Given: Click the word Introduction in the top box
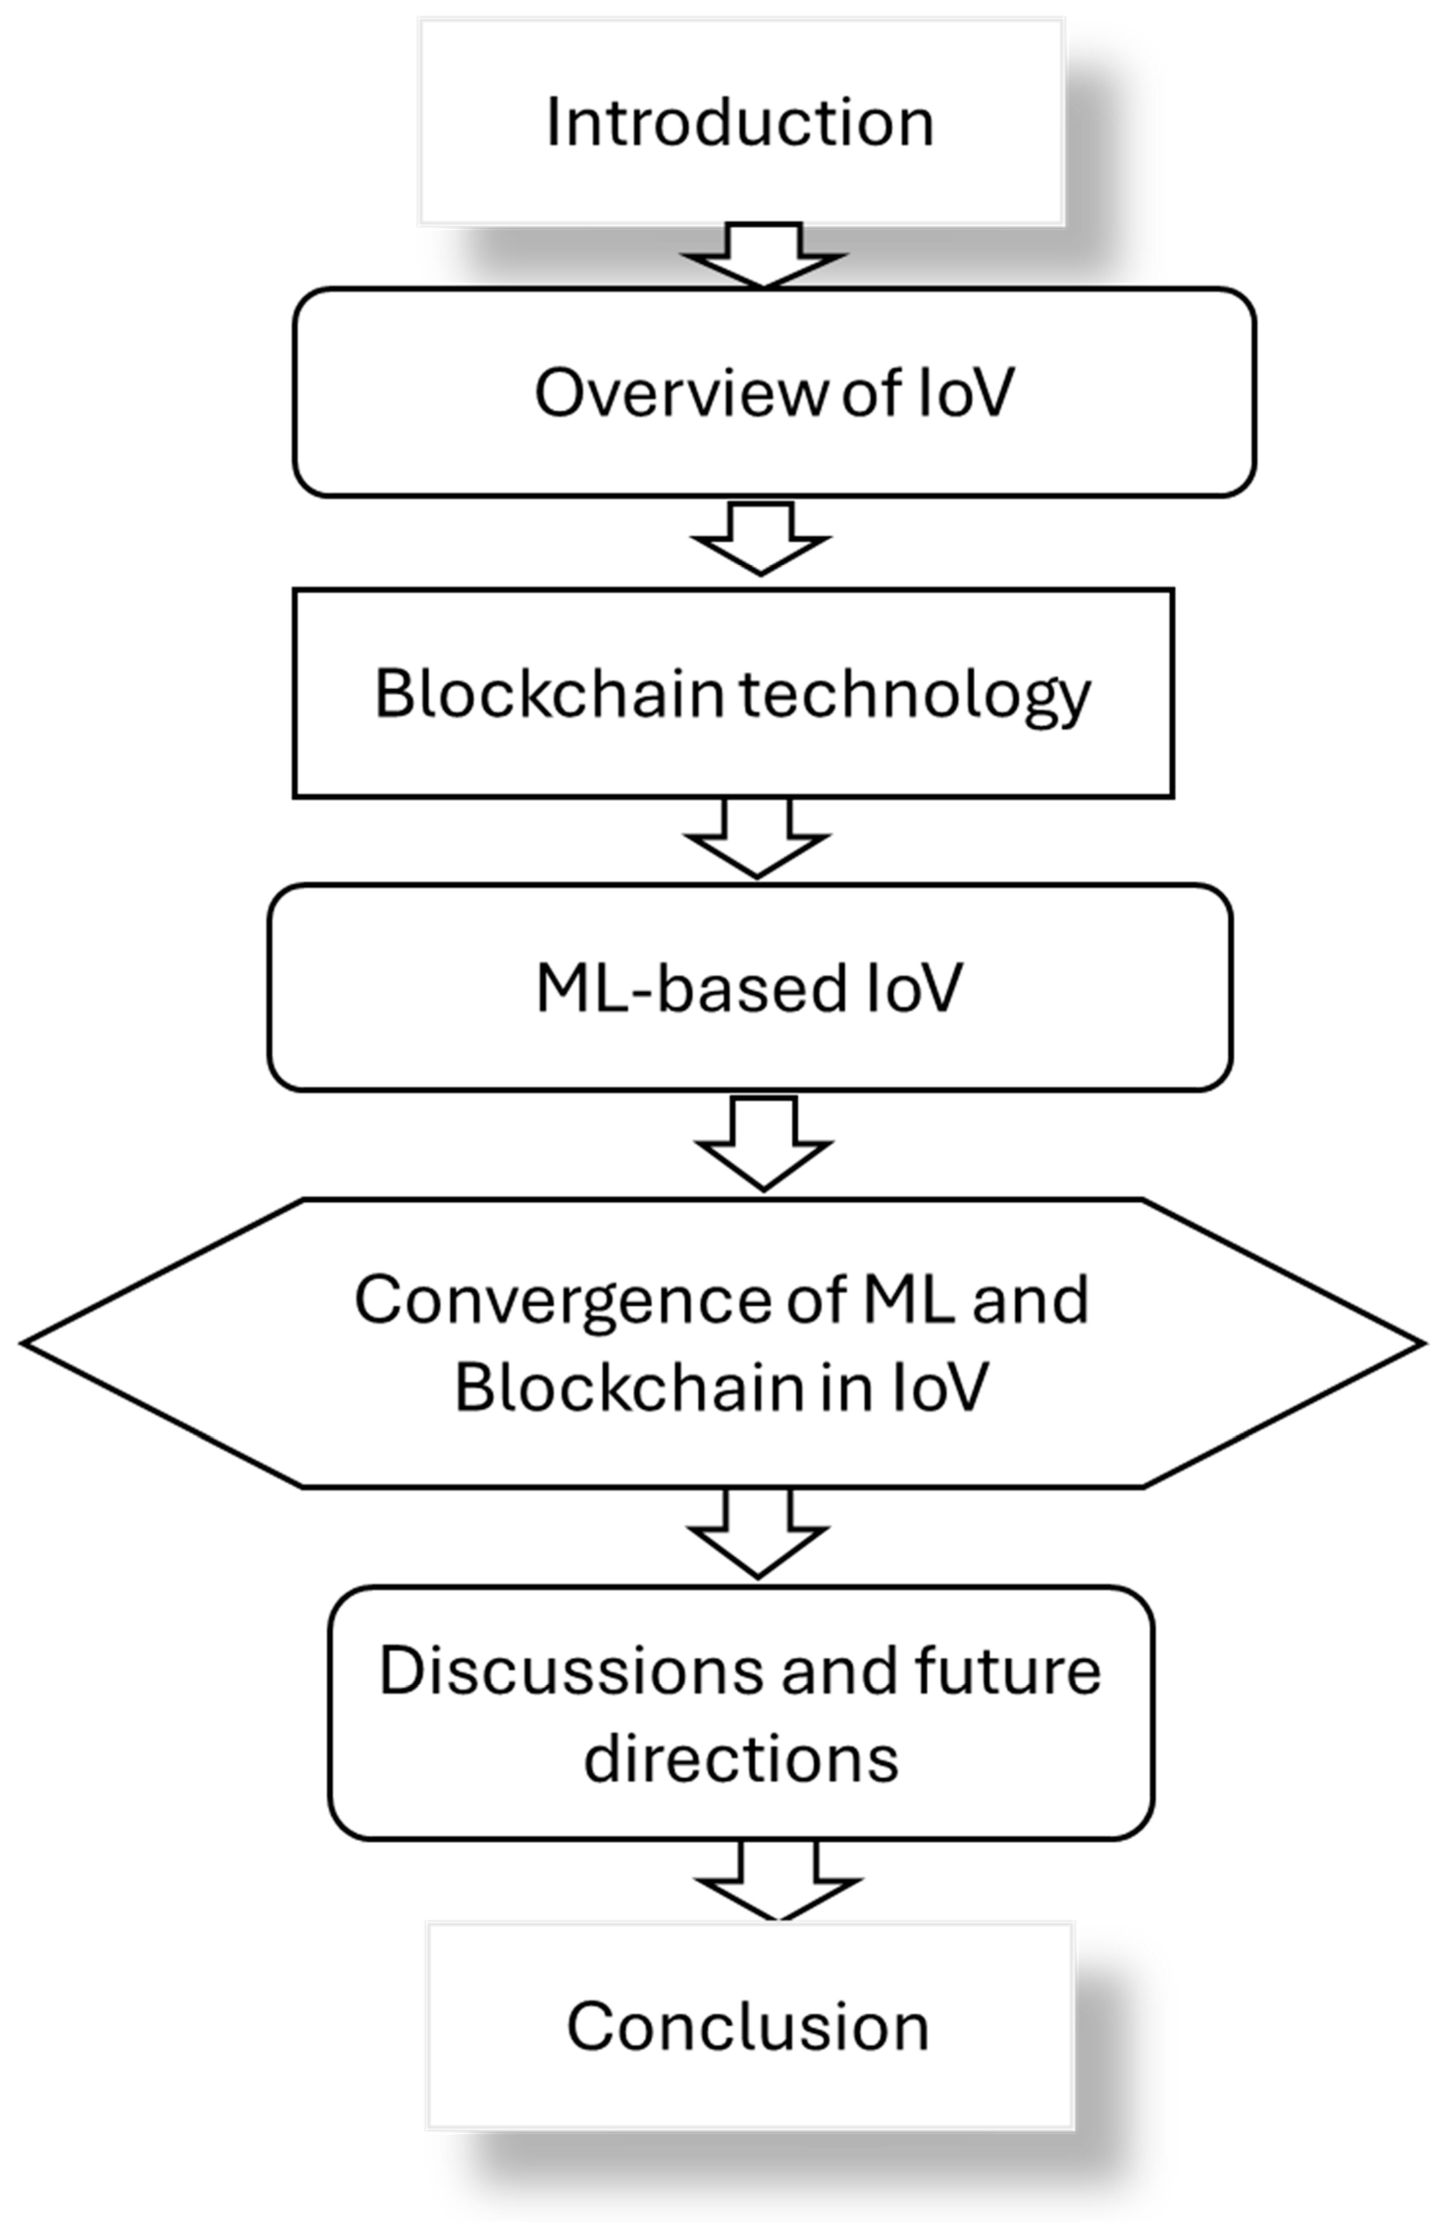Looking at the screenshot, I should pyautogui.click(x=739, y=123).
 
